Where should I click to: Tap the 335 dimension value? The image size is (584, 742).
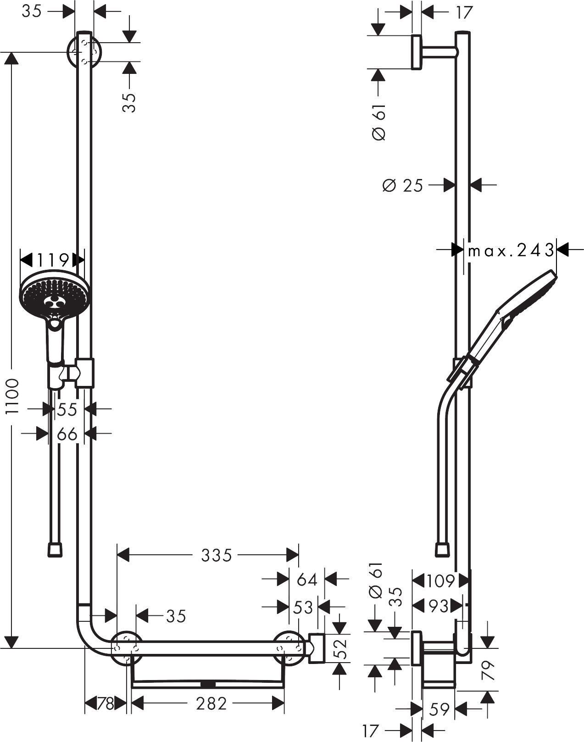tap(217, 555)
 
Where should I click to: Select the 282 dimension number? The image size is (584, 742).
tap(211, 704)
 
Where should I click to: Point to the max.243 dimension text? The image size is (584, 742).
tap(511, 251)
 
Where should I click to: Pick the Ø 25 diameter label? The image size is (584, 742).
tap(402, 185)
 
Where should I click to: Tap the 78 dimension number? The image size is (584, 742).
tap(105, 704)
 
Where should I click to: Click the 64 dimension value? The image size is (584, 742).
tap(307, 580)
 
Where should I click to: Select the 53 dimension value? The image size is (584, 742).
tap(303, 607)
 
